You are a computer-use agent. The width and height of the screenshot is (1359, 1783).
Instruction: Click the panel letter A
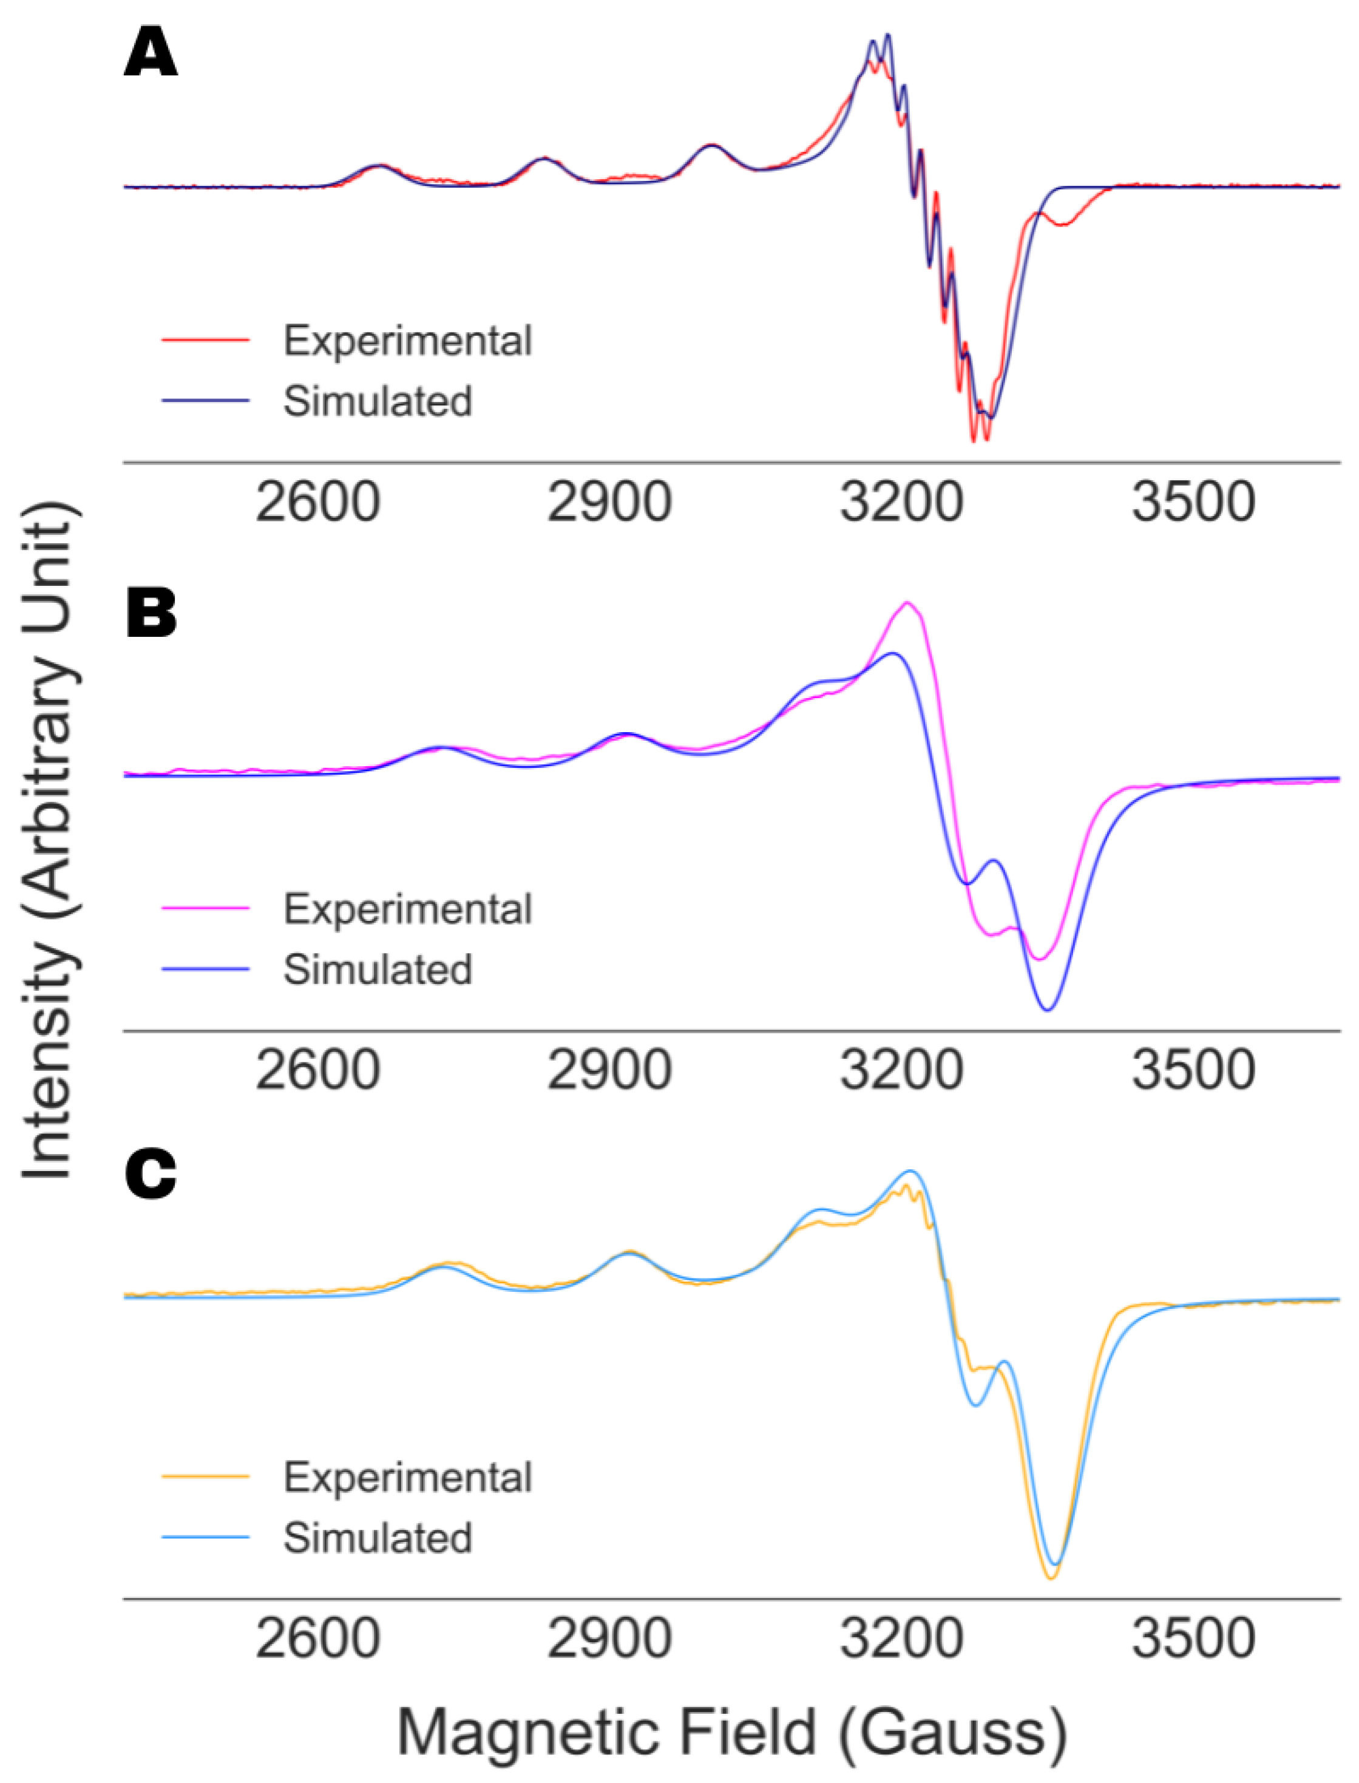click(x=151, y=53)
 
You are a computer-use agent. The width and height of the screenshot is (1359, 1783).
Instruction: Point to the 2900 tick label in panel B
click(x=609, y=1070)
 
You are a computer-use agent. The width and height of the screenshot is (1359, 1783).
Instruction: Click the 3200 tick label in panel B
click(x=901, y=1070)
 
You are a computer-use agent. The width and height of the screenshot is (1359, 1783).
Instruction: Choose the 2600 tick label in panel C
click(x=318, y=1638)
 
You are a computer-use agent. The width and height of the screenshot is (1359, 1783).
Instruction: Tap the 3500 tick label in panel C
click(x=1193, y=1638)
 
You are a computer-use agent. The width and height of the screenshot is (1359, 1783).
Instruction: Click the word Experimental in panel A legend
click(x=407, y=341)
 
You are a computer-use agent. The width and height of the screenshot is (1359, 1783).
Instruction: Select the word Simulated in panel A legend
click(x=377, y=401)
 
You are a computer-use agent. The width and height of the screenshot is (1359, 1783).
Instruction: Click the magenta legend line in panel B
click(x=206, y=908)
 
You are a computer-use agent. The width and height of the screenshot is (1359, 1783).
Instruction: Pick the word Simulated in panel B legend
click(x=377, y=969)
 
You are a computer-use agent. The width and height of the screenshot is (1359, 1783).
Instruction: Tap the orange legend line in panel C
click(x=206, y=1476)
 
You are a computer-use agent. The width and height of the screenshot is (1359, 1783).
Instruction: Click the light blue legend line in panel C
click(x=206, y=1537)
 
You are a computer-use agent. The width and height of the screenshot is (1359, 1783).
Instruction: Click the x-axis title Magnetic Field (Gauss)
click(x=732, y=1732)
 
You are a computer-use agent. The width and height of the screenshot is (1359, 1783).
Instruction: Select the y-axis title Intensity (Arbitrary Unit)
click(x=49, y=841)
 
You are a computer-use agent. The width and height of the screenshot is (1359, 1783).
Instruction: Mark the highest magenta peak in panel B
click(x=907, y=603)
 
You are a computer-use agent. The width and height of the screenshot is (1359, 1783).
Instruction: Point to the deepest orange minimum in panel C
click(x=1051, y=1578)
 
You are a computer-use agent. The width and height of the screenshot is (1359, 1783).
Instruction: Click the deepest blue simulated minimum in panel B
click(x=1048, y=1010)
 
